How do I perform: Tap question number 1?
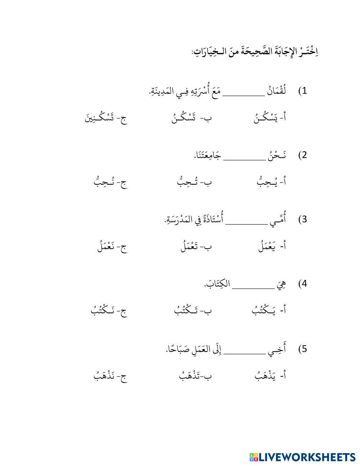[302, 91]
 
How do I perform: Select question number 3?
[302, 219]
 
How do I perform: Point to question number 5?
[302, 349]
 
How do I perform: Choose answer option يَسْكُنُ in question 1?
[266, 118]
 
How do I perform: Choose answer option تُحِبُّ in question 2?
[186, 182]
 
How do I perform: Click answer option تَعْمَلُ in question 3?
[189, 246]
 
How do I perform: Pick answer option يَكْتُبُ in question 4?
[261, 310]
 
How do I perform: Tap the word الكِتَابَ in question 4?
[217, 284]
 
